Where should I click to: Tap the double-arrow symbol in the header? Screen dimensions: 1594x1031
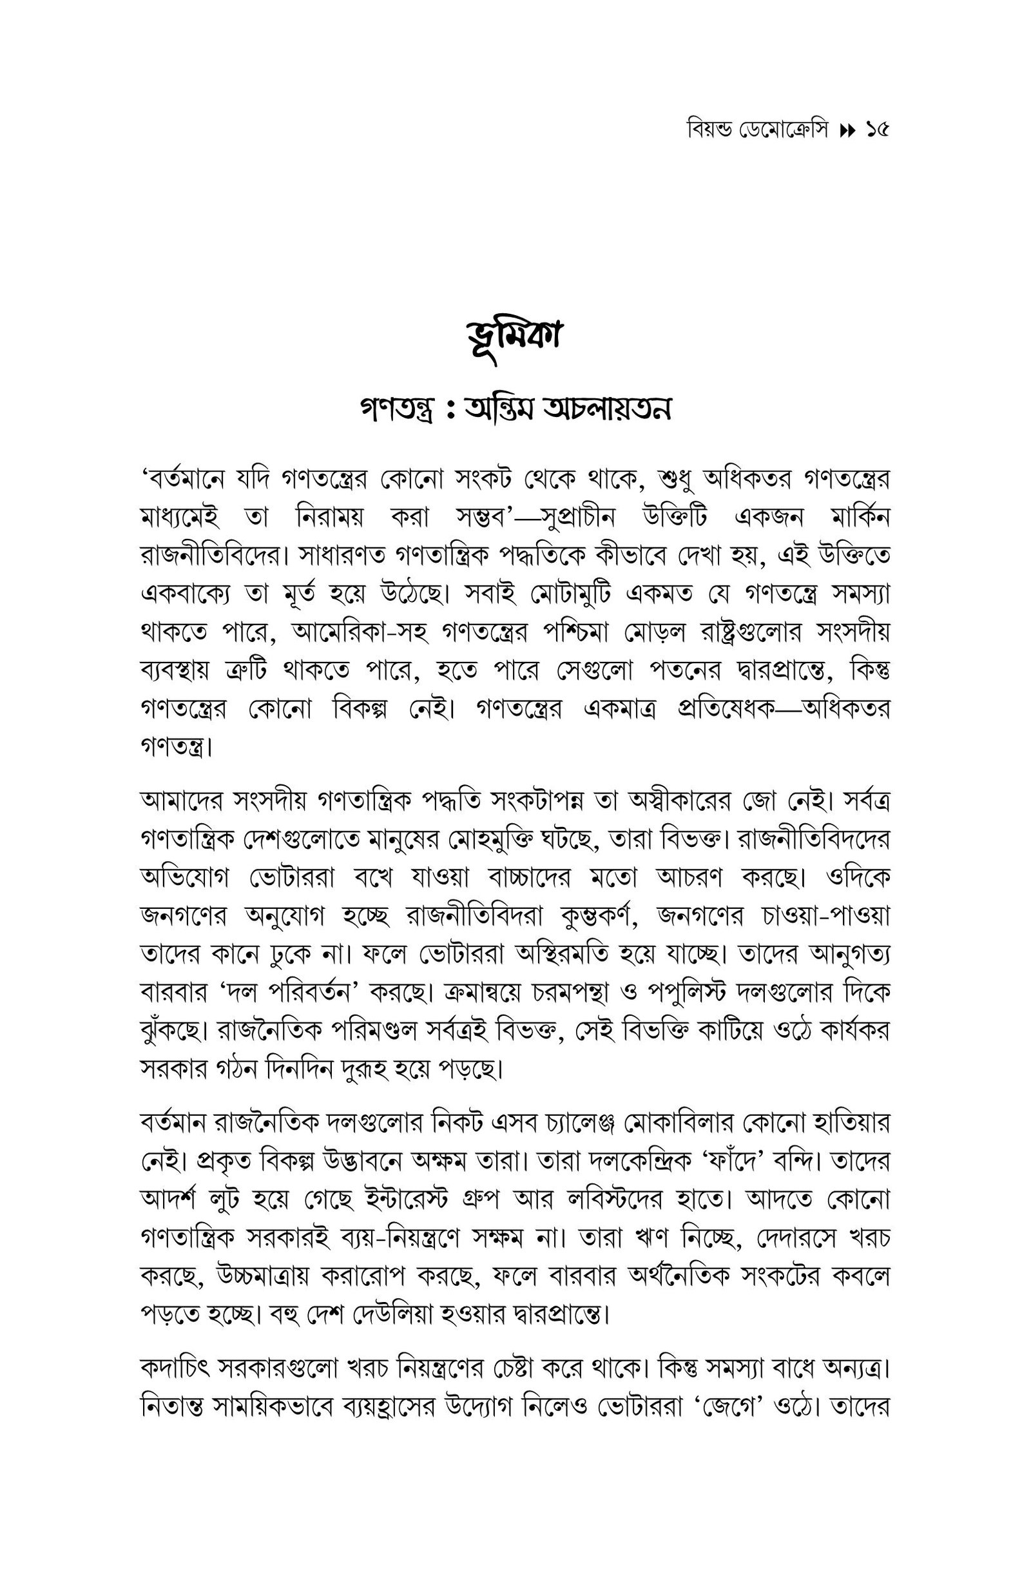pos(847,131)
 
